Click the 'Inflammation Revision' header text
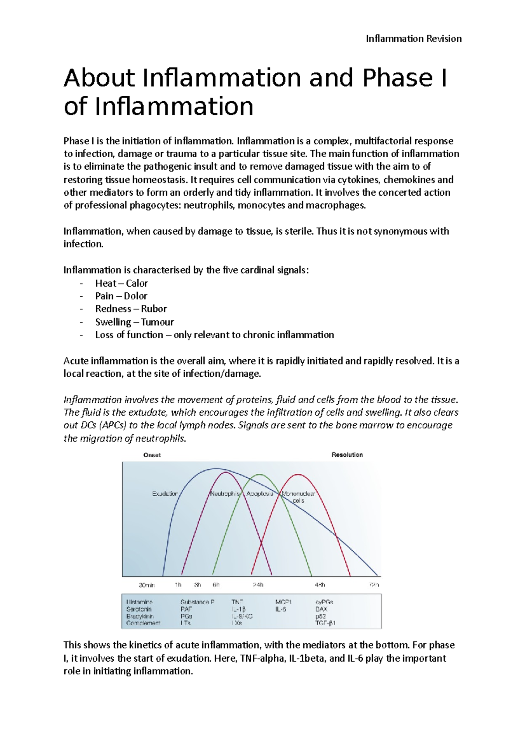(413, 39)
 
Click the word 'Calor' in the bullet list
(137, 283)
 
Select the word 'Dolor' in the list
(135, 296)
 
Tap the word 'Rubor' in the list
(154, 308)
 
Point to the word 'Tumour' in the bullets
(157, 322)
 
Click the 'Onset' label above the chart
(152, 455)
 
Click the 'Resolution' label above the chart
(347, 455)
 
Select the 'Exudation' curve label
(165, 494)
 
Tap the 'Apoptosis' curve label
(259, 494)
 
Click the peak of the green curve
(260, 475)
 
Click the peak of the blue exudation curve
(216, 469)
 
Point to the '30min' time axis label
(147, 585)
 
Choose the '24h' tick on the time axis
(258, 585)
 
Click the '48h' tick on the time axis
(320, 585)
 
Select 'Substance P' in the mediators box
(197, 602)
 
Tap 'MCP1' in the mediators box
(283, 602)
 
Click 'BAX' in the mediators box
(321, 609)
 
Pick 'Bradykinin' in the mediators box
(140, 616)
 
